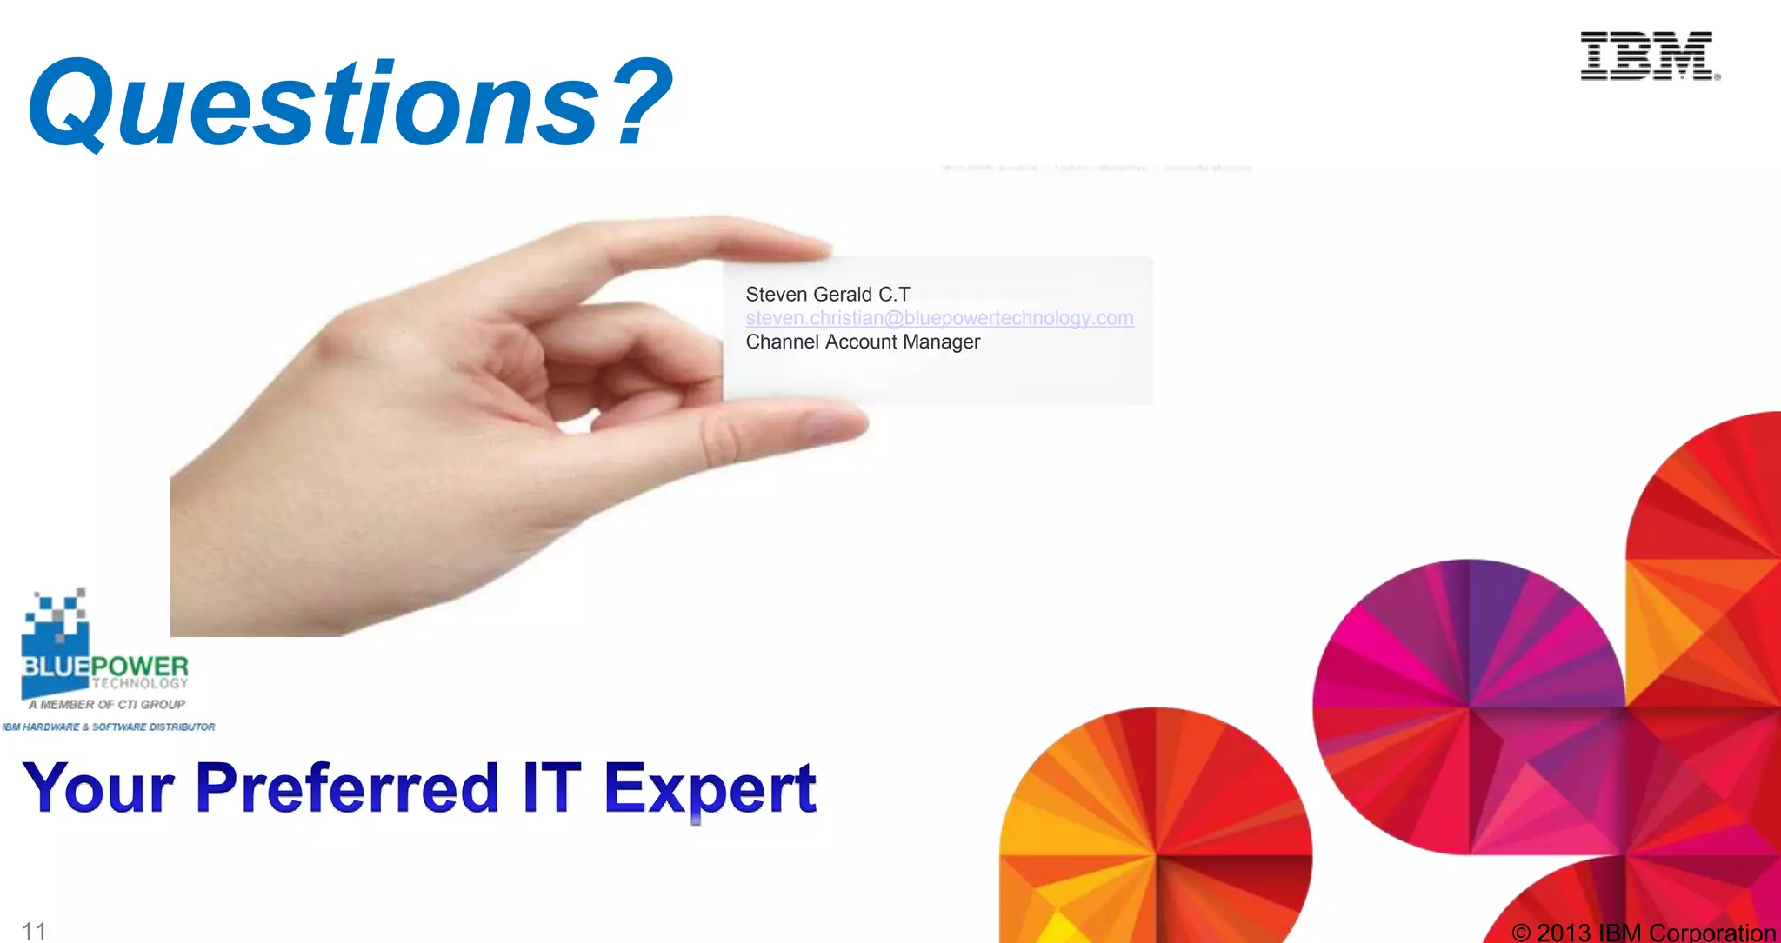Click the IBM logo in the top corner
pyautogui.click(x=1649, y=56)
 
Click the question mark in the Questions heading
pyautogui.click(x=642, y=103)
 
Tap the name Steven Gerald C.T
pyautogui.click(x=827, y=295)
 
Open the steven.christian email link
pyautogui.click(x=939, y=318)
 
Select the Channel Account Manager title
pyautogui.click(x=863, y=342)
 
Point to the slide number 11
pyautogui.click(x=34, y=931)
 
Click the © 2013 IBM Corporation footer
pyautogui.click(x=1643, y=933)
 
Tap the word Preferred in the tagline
pyautogui.click(x=347, y=787)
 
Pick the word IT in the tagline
pyautogui.click(x=551, y=787)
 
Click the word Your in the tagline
pyautogui.click(x=98, y=787)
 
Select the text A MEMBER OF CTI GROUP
pyautogui.click(x=106, y=705)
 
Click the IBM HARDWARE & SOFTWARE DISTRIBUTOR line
pyautogui.click(x=109, y=727)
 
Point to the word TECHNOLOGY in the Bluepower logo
pyautogui.click(x=140, y=683)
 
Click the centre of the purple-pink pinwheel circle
pyautogui.click(x=1469, y=707)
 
